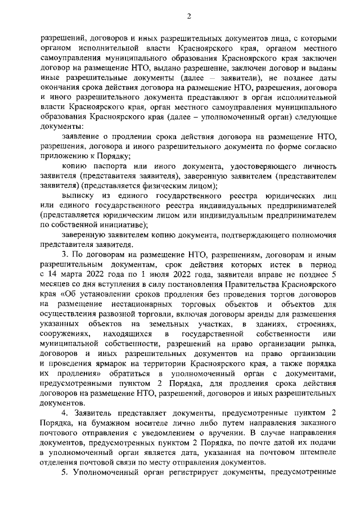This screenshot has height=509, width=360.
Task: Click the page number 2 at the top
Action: (x=189, y=16)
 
